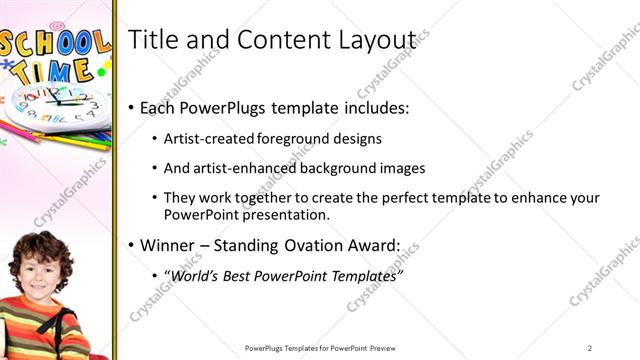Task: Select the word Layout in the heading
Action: point(380,39)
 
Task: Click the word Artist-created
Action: point(208,138)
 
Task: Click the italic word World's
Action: point(196,274)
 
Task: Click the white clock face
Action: point(55,102)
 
